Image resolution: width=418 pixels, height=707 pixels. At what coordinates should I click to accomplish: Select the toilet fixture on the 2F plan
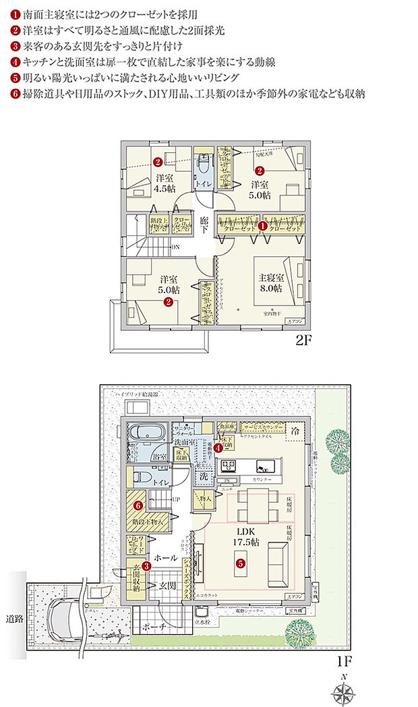[x=204, y=166]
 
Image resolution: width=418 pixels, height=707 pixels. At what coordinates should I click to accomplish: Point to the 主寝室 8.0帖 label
[x=270, y=282]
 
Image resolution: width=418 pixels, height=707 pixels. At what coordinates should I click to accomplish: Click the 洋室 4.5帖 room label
[x=162, y=183]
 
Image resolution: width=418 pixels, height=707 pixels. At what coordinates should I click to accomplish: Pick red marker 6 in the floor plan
[x=138, y=504]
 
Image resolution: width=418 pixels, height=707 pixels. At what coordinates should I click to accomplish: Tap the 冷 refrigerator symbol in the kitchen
[x=295, y=429]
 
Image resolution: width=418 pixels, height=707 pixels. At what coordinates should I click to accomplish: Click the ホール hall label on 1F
[x=166, y=558]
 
